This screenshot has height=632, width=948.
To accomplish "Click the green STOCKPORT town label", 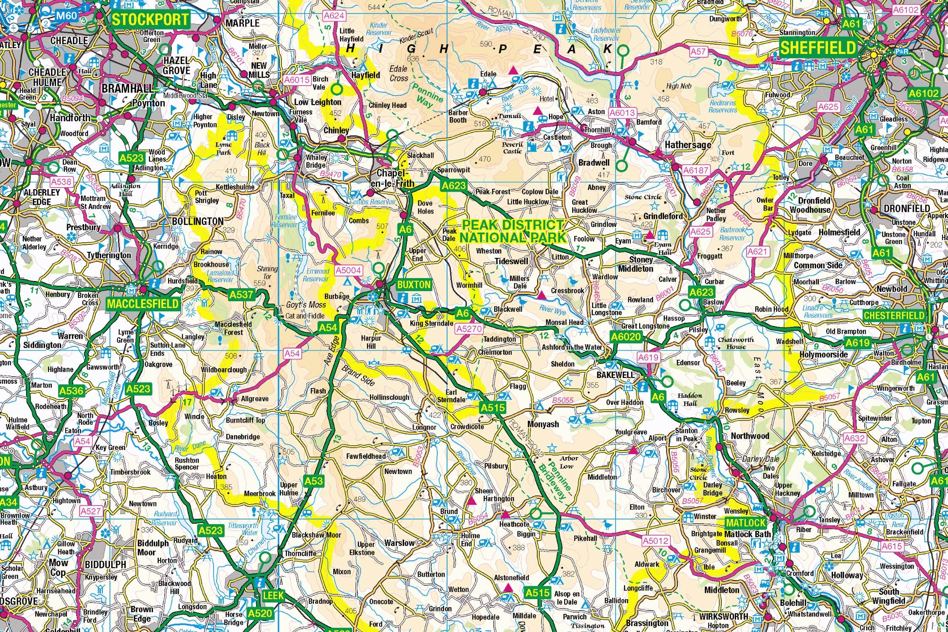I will [x=150, y=19].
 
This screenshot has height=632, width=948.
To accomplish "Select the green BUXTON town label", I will [x=414, y=284].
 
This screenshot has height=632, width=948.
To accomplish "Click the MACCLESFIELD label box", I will [x=143, y=304].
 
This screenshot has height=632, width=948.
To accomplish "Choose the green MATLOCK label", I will [x=745, y=523].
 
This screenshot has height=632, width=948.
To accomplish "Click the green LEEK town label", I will [x=273, y=596].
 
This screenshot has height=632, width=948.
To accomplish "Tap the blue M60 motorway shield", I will [x=67, y=16].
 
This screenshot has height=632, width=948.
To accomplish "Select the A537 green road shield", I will [x=241, y=295].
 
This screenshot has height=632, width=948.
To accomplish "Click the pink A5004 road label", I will [x=348, y=270].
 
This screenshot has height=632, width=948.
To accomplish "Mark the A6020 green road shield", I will [x=626, y=336].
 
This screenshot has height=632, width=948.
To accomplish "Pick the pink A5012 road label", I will [x=656, y=540].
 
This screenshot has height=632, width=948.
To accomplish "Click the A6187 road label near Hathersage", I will [x=696, y=170].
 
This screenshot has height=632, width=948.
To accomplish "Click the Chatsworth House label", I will [x=736, y=343].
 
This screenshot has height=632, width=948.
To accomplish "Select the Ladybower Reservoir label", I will [x=605, y=34].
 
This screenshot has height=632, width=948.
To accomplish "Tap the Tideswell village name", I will [x=511, y=261].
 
